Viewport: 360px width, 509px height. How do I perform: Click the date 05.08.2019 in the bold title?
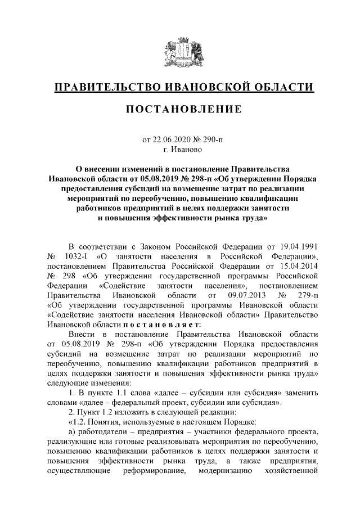(x=159, y=178)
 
